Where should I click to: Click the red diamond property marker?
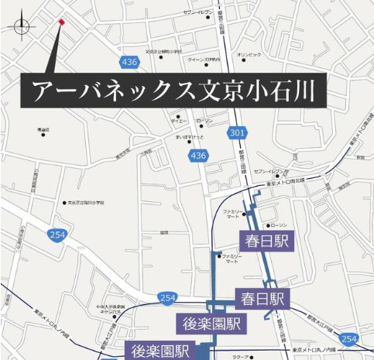[x=60, y=22]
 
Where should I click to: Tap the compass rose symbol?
[x=21, y=27]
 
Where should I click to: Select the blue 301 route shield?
[x=237, y=134]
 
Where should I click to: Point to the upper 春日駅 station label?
[x=264, y=241]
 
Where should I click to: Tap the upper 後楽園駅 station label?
[x=211, y=323]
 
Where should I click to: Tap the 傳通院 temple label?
[x=43, y=129]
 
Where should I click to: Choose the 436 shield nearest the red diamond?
[x=130, y=60]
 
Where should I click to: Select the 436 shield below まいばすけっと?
[x=198, y=156]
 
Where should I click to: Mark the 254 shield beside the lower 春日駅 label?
[x=166, y=297]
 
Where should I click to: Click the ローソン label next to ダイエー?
[x=204, y=122]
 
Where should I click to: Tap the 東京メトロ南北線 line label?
[x=286, y=183]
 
